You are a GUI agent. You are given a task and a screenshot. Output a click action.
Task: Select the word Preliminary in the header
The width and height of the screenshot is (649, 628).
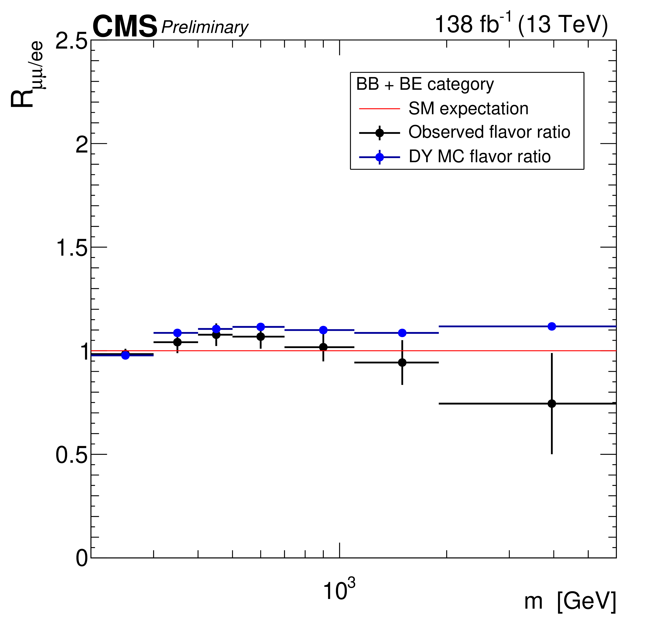click(x=205, y=27)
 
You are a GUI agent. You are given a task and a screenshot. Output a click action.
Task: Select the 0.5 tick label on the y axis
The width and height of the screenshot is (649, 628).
click(x=71, y=455)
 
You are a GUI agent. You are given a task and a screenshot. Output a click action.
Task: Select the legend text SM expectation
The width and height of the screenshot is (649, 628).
click(x=468, y=108)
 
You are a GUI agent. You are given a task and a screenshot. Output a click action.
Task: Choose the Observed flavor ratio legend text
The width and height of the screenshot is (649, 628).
click(x=489, y=132)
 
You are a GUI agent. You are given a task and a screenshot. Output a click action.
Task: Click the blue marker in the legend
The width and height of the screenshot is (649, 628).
click(x=379, y=157)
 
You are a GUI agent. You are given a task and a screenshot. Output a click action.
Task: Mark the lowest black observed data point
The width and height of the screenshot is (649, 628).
click(x=552, y=404)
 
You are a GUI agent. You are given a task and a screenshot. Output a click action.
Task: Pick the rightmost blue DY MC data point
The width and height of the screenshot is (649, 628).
click(x=552, y=326)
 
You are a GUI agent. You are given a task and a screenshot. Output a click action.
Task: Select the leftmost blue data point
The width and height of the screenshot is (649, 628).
click(x=125, y=355)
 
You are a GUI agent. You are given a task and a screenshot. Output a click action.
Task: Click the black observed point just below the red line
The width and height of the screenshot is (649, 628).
click(x=402, y=362)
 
